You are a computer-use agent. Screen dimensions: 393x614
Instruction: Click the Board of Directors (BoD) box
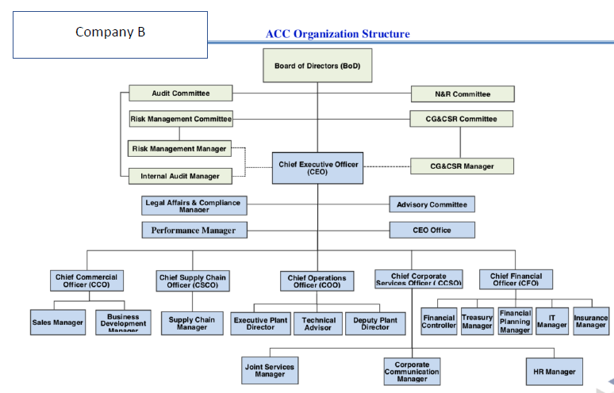pyautogui.click(x=317, y=66)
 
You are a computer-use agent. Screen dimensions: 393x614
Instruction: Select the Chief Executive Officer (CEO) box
pyautogui.click(x=318, y=168)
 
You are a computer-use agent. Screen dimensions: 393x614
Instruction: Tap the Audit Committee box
pyautogui.click(x=181, y=93)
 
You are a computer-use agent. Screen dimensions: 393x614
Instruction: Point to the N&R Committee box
pyautogui.click(x=462, y=94)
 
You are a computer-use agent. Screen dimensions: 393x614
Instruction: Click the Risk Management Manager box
pyautogui.click(x=179, y=149)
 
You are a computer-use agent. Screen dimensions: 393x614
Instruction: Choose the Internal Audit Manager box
pyautogui.click(x=180, y=176)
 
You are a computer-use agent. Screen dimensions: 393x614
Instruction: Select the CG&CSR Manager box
pyautogui.click(x=462, y=166)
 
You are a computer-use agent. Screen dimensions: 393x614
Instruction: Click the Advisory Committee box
pyautogui.click(x=432, y=204)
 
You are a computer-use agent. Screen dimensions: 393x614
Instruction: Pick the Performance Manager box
pyautogui.click(x=194, y=231)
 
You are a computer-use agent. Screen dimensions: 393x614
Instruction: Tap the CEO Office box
pyautogui.click(x=432, y=231)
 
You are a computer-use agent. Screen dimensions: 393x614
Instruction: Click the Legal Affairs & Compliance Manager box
pyautogui.click(x=194, y=206)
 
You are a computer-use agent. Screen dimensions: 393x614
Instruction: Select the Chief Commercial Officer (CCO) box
pyautogui.click(x=86, y=280)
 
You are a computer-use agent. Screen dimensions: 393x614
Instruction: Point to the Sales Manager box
pyautogui.click(x=58, y=322)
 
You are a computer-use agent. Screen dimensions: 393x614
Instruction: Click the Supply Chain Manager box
pyautogui.click(x=192, y=322)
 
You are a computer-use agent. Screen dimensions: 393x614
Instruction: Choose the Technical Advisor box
pyautogui.click(x=318, y=323)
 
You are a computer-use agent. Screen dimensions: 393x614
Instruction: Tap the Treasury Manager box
pyautogui.click(x=477, y=321)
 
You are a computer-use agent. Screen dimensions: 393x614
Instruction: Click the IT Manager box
pyautogui.click(x=552, y=321)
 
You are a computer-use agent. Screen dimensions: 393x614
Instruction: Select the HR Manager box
pyautogui.click(x=555, y=371)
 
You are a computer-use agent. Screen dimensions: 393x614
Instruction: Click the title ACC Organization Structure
pyautogui.click(x=338, y=34)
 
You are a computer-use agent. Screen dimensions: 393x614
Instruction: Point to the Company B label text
pyautogui.click(x=110, y=32)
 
